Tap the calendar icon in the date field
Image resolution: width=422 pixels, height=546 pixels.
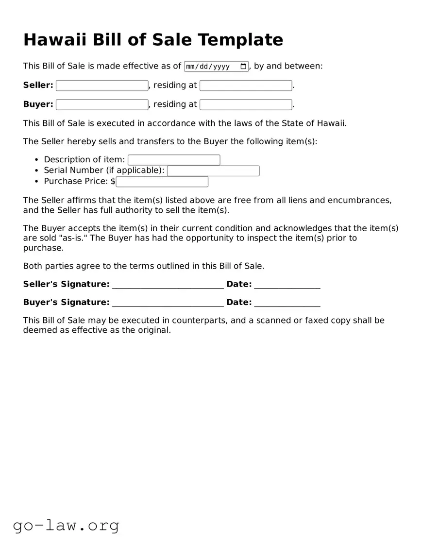pyautogui.click(x=243, y=67)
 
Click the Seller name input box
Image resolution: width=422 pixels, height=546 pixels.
pyautogui.click(x=102, y=85)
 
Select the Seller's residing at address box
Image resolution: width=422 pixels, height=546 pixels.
pyautogui.click(x=246, y=85)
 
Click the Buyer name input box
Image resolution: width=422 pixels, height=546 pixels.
pyautogui.click(x=102, y=104)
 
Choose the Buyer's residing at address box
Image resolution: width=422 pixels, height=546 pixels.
pyautogui.click(x=246, y=104)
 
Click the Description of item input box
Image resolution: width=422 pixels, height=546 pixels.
pyautogui.click(x=174, y=160)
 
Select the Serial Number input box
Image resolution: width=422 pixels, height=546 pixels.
pyautogui.click(x=213, y=171)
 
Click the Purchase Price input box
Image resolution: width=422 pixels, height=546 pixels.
pyautogui.click(x=162, y=182)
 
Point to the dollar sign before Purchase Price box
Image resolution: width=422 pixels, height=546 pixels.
pyautogui.click(x=113, y=181)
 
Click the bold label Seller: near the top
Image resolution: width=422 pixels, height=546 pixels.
pyautogui.click(x=38, y=85)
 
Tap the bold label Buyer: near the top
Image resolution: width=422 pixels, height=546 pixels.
pyautogui.click(x=38, y=104)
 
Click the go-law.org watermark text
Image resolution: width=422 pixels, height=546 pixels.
pyautogui.click(x=66, y=525)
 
